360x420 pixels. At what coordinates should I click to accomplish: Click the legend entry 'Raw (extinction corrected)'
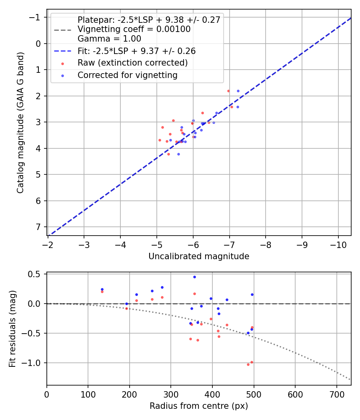point(132,63)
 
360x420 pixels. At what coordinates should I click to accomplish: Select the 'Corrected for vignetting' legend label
point(127,75)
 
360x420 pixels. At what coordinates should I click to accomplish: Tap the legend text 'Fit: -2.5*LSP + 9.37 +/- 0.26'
point(136,51)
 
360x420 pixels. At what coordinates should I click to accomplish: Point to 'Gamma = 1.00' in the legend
point(109,39)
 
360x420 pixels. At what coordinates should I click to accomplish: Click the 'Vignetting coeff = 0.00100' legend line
point(134,29)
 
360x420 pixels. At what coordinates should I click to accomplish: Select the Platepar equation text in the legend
point(149,20)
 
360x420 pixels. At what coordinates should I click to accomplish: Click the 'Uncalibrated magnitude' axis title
point(199,256)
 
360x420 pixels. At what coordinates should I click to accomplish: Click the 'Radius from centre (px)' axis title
point(199,406)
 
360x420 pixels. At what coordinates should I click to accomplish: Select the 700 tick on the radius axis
point(336,394)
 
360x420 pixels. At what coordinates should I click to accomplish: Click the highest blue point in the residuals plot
point(194,277)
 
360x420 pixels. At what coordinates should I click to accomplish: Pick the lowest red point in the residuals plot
point(248,364)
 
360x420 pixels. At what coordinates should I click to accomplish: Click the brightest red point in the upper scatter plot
point(228,91)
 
